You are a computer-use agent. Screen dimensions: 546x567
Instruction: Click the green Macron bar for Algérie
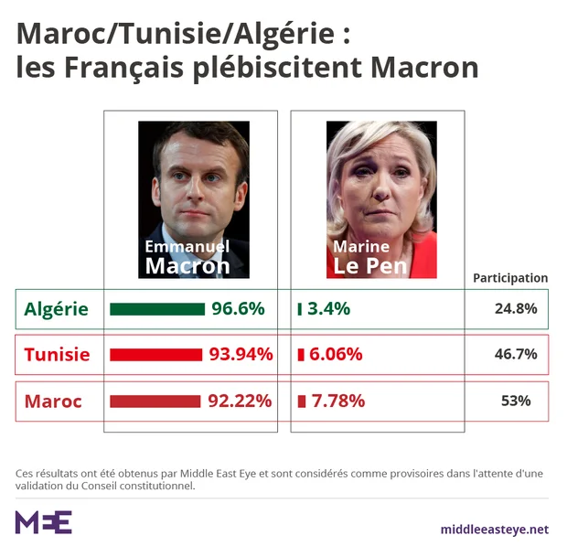pos(156,309)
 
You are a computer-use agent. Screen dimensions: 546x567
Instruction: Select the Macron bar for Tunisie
pos(155,355)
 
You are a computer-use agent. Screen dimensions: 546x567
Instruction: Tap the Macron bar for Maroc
pos(155,401)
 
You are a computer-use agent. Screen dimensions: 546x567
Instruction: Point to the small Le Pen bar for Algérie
pos(300,309)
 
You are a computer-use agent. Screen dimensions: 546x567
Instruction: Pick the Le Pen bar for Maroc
pos(302,401)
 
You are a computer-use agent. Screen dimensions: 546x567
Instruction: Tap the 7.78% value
pos(337,401)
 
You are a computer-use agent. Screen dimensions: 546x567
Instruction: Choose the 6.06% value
pos(336,355)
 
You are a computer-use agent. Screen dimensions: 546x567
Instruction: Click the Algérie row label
pos(57,309)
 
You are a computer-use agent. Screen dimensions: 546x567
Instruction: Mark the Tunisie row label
pos(57,355)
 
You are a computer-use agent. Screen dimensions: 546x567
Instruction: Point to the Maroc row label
pos(53,401)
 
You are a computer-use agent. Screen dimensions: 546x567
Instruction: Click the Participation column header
pos(510,278)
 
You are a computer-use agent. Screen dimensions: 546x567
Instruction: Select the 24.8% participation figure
pos(516,309)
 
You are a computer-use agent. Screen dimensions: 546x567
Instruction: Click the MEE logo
pos(43,522)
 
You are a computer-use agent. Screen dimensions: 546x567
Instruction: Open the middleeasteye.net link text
pos(494,529)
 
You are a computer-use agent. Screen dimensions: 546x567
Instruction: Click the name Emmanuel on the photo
pos(187,247)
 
